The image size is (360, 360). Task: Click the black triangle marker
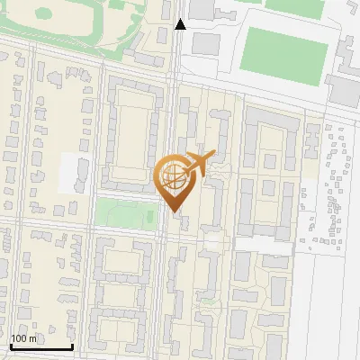(180, 24)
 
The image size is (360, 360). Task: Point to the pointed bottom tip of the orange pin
(174, 211)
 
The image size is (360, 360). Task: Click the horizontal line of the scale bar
(41, 347)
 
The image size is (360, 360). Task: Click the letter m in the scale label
(34, 338)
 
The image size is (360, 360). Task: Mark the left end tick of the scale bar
(11, 346)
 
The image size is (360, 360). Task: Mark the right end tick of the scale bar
(72, 346)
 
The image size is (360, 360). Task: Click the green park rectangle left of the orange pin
(126, 213)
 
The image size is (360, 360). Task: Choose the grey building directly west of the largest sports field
(206, 43)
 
